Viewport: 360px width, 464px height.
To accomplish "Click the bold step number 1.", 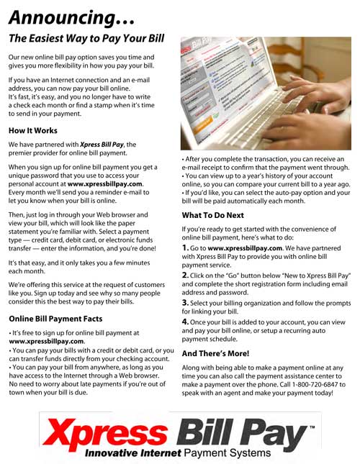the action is pos(185,248).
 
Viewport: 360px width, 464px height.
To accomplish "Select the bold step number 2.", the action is pos(186,275).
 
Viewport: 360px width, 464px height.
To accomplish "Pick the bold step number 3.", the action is pos(186,303).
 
